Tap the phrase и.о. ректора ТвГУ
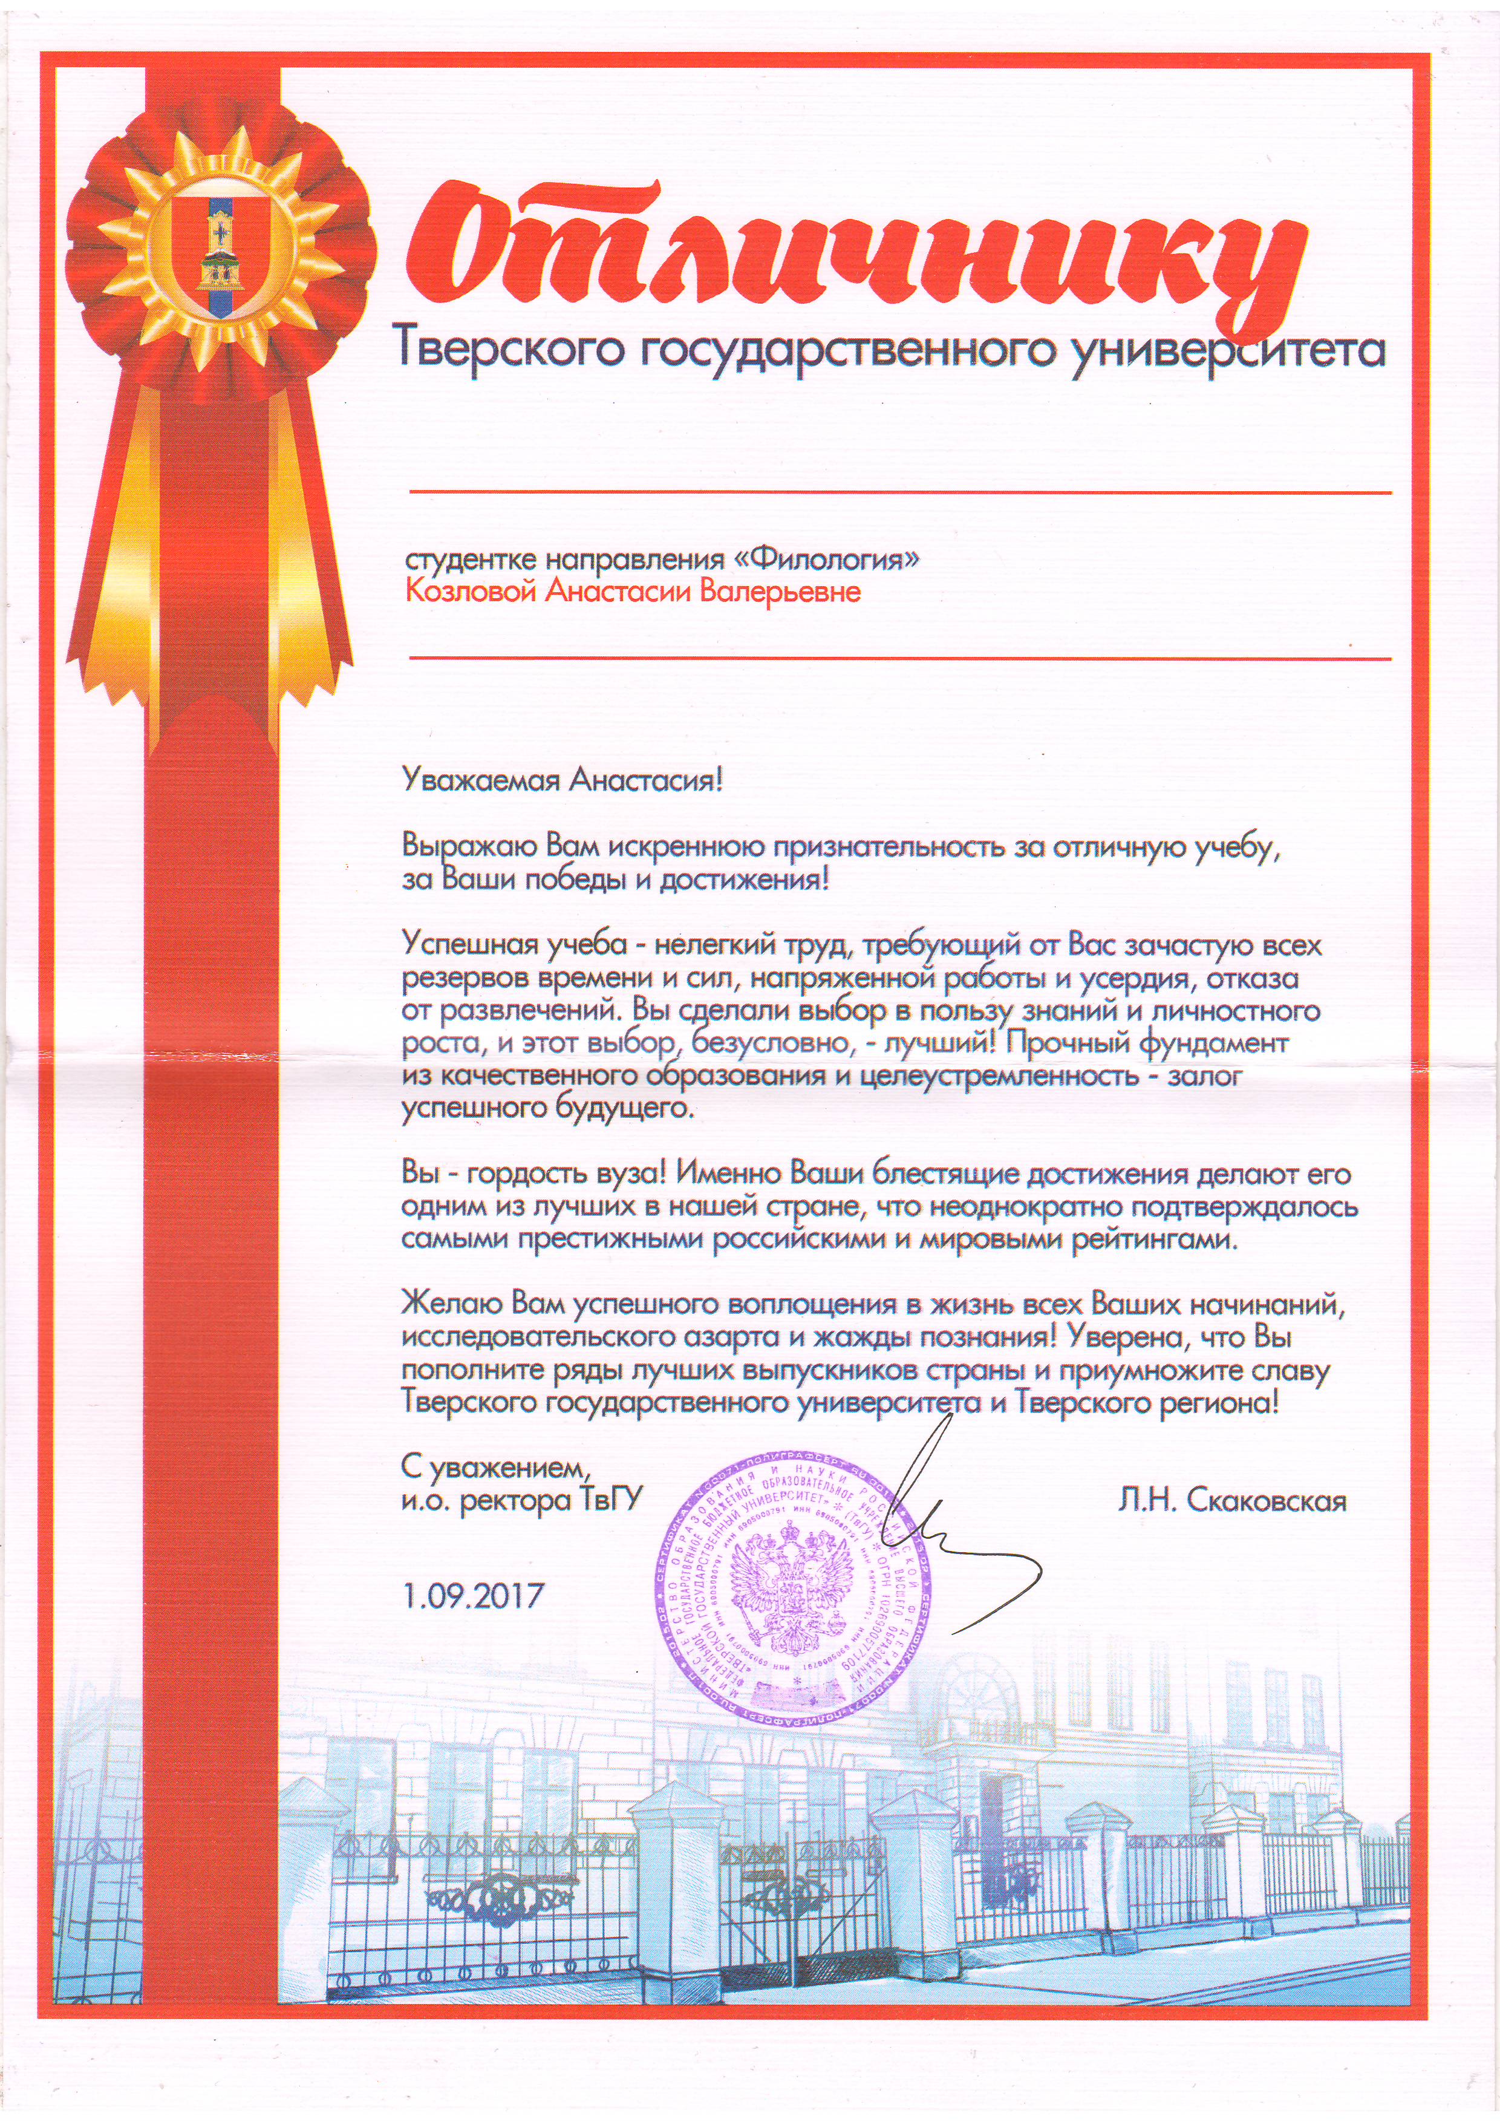coord(520,1500)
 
